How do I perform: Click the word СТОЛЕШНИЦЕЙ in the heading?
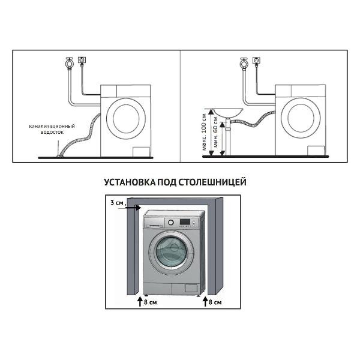[212, 182]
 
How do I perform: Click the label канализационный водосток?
[52, 129]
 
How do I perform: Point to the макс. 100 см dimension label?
[204, 132]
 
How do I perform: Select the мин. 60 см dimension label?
[215, 132]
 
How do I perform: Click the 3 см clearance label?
[117, 203]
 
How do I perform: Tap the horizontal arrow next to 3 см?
[129, 208]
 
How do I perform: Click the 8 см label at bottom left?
[151, 302]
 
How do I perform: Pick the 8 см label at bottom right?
[215, 302]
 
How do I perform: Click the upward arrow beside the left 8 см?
[140, 301]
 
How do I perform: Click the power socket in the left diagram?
[82, 60]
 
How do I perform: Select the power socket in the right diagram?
[256, 60]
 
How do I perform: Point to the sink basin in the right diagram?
[228, 113]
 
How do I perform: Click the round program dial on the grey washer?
[170, 222]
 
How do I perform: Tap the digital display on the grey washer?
[185, 222]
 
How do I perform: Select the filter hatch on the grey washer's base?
[191, 288]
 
